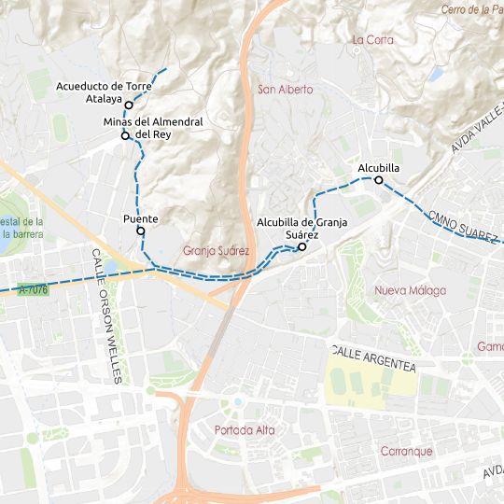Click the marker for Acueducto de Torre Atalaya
click(x=129, y=105)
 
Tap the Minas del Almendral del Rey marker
click(x=124, y=136)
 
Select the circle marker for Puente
click(x=141, y=231)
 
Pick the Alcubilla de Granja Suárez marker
click(x=302, y=247)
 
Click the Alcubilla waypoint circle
click(x=379, y=180)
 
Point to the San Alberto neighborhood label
click(x=285, y=90)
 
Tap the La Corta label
click(x=373, y=40)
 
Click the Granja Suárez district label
click(x=217, y=251)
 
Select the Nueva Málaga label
click(x=410, y=290)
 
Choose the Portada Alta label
click(x=245, y=430)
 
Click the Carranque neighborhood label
click(x=406, y=452)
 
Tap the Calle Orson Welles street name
click(x=106, y=316)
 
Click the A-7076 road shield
click(x=34, y=290)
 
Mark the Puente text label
click(x=141, y=218)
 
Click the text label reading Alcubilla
click(x=379, y=168)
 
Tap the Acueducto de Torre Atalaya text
click(x=104, y=91)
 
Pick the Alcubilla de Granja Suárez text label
click(x=301, y=228)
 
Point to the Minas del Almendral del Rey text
click(x=153, y=128)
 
